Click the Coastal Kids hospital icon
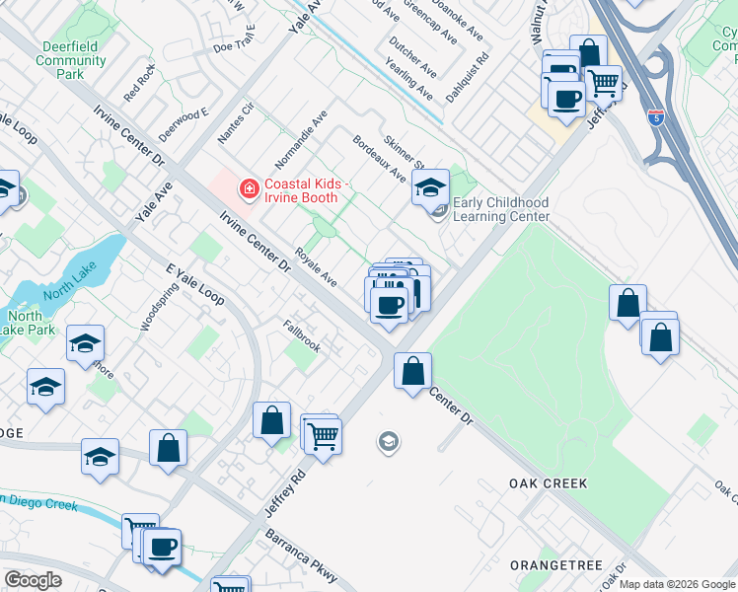pos(248,186)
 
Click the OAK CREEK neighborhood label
pos(548,483)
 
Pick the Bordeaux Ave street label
pos(380,159)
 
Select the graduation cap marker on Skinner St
pos(430,188)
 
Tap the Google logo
pos(33,580)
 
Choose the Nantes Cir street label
pos(236,123)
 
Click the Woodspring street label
pos(148,309)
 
